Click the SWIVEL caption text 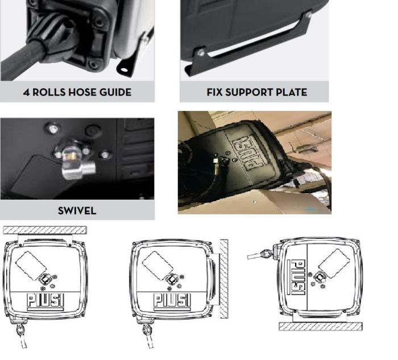(x=77, y=210)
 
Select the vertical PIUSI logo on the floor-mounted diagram (x=296, y=279)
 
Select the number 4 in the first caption (x=26, y=92)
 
